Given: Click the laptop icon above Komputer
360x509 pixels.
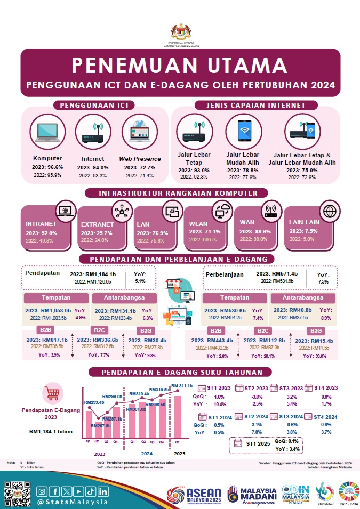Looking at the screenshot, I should (x=47, y=133).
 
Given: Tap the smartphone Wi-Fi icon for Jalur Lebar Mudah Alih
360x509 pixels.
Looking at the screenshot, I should (x=243, y=131).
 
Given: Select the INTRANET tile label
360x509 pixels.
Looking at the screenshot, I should (x=41, y=224).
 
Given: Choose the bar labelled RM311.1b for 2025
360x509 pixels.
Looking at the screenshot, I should (x=178, y=415).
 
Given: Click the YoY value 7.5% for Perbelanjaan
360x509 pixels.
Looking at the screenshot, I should (x=323, y=281).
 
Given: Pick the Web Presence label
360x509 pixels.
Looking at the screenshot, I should (x=139, y=159).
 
